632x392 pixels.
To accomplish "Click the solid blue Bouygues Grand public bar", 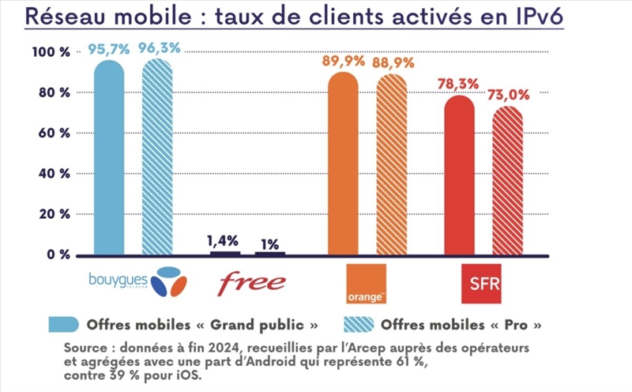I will tap(109, 158).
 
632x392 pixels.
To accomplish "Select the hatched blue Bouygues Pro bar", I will tap(157, 158).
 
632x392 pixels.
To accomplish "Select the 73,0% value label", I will tap(508, 94).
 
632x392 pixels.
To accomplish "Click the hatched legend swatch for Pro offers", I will tap(359, 323).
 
